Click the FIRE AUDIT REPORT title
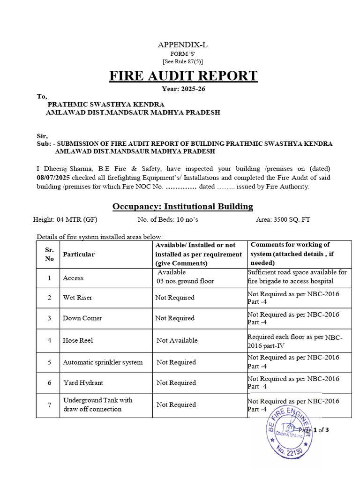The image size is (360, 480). tap(183, 75)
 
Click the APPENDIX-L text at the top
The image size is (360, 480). tap(182, 45)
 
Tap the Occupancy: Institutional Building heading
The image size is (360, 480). tap(183, 206)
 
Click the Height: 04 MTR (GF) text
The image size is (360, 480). tap(65, 219)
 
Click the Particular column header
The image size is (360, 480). tap(79, 254)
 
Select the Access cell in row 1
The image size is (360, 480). tap(73, 278)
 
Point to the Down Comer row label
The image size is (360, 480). tap(82, 318)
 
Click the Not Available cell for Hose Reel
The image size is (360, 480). tap(177, 340)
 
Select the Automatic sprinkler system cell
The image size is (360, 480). tap(103, 362)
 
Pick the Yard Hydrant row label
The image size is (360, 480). tap(83, 383)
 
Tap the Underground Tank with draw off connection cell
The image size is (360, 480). tap(97, 405)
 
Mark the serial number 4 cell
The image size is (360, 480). tap(49, 340)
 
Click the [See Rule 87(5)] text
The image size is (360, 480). tap(183, 61)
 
